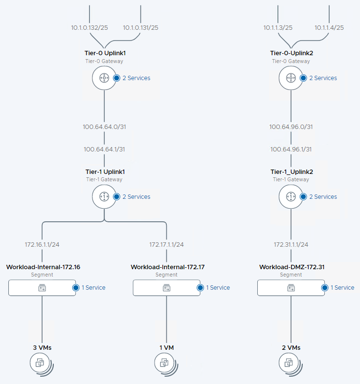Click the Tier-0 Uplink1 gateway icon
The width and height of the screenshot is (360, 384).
pyautogui.click(x=104, y=78)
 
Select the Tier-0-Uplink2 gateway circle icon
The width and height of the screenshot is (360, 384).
pyautogui.click(x=291, y=78)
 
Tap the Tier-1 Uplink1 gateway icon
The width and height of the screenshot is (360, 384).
pyautogui.click(x=104, y=196)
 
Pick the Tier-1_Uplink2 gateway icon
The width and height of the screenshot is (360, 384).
pyautogui.click(x=291, y=196)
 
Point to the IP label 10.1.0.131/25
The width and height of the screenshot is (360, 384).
pyautogui.click(x=140, y=27)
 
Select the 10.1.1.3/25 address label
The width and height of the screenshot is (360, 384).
pyautogui.click(x=278, y=27)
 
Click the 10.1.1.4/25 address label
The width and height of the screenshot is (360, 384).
pyautogui.click(x=329, y=27)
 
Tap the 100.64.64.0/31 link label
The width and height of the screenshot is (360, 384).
pyautogui.click(x=104, y=127)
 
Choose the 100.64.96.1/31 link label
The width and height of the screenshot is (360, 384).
pyautogui.click(x=291, y=149)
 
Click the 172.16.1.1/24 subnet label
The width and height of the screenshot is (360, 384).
pyautogui.click(x=42, y=244)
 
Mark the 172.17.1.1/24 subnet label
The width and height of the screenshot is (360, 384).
pyautogui.click(x=166, y=244)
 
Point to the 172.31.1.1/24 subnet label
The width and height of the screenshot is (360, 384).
pyautogui.click(x=291, y=244)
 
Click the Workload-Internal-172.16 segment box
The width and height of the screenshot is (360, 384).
pyautogui.click(x=42, y=288)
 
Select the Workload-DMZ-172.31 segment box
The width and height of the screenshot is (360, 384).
pyautogui.click(x=291, y=288)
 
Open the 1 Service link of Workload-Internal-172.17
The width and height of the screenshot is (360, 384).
pyautogui.click(x=218, y=288)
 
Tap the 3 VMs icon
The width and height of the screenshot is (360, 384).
pyautogui.click(x=41, y=363)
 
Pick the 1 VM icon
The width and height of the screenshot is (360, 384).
pyautogui.click(x=165, y=363)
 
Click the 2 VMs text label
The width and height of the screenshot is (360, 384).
pyautogui.click(x=291, y=347)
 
